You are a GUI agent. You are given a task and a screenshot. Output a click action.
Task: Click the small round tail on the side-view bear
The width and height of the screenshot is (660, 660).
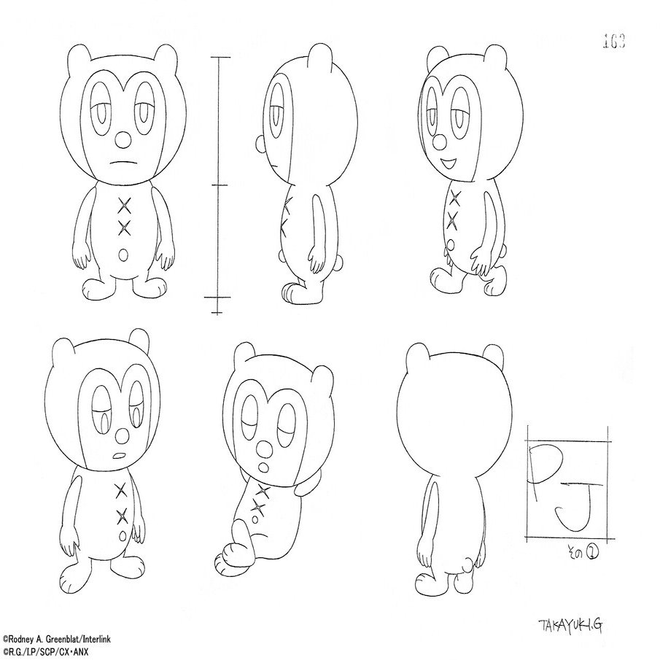pos(281,255)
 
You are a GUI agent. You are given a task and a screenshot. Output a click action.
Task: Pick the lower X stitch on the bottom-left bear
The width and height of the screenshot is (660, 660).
pos(122,516)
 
